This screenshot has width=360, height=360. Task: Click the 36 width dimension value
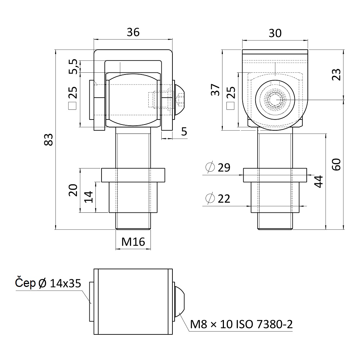pyautogui.click(x=133, y=32)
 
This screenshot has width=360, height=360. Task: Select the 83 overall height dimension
pyautogui.click(x=49, y=139)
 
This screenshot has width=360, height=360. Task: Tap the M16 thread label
pyautogui.click(x=133, y=242)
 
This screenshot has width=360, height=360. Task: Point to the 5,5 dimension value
pyautogui.click(x=73, y=67)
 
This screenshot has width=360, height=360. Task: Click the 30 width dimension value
pyautogui.click(x=275, y=33)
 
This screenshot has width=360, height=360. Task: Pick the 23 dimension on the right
pyautogui.click(x=337, y=75)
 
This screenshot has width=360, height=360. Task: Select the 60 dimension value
pyautogui.click(x=337, y=165)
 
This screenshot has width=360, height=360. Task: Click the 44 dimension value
pyautogui.click(x=319, y=181)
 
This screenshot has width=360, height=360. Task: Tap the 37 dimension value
pyautogui.click(x=215, y=90)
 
